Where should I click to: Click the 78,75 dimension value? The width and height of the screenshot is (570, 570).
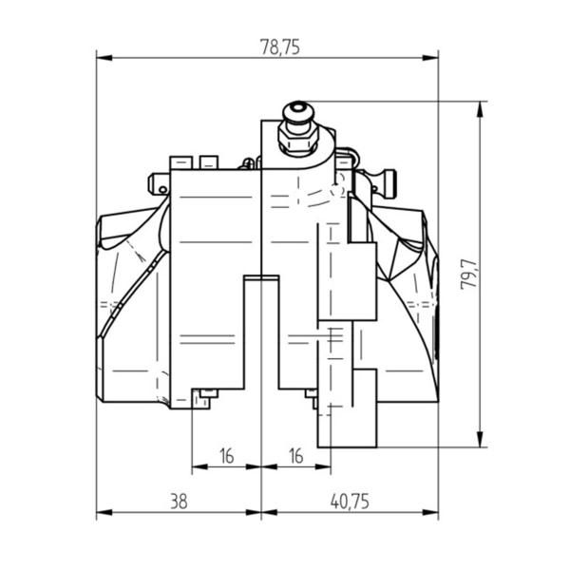pos(280,47)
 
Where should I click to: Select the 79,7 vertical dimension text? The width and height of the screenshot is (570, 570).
pos(469,275)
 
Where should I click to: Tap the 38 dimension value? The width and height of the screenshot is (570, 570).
pos(179,502)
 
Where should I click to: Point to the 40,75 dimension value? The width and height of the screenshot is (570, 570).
pos(350,502)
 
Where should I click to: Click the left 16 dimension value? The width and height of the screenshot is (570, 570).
pos(227,456)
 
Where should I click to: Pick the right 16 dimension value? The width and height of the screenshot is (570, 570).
pos(295,456)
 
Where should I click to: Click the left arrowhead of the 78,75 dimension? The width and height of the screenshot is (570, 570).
pos(104,58)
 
